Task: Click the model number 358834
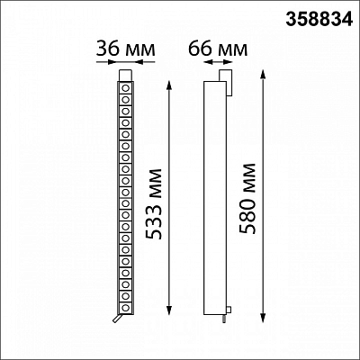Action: [319, 20]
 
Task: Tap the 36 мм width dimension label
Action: [126, 49]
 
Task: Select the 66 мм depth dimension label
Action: [218, 49]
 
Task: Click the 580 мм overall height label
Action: [247, 199]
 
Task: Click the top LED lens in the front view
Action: [126, 88]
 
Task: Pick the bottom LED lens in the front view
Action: [126, 308]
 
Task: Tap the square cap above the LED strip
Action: [126, 76]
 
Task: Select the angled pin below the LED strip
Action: [117, 319]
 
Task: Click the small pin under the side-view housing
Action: [224, 319]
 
